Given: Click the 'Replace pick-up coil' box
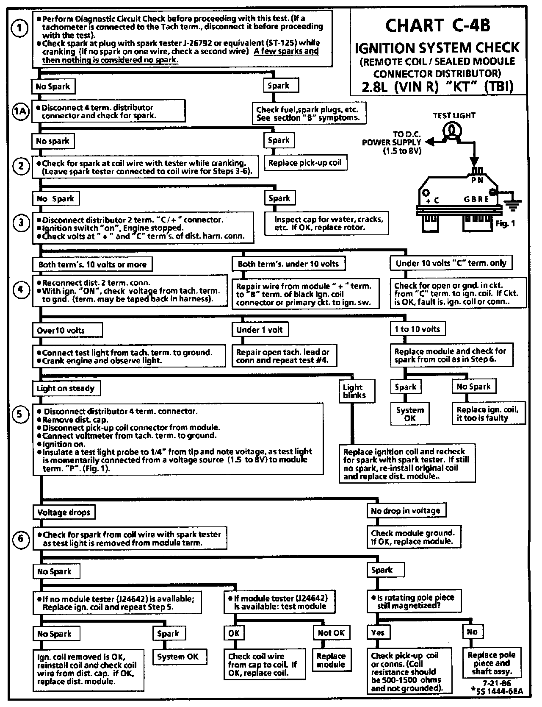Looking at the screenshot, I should [305, 163].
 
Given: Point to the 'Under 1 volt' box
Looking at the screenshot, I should [260, 330].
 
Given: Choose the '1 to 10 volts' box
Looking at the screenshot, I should [418, 329].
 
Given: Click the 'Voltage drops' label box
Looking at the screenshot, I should [64, 512].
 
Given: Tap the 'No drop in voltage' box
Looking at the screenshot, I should [406, 511].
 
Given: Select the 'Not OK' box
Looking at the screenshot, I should [331, 633].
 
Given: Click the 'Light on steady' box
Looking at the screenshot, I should [66, 388].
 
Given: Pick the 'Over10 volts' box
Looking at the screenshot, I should [61, 331].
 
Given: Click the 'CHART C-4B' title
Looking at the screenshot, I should [437, 26].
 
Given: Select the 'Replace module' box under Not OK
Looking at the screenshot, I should [331, 660].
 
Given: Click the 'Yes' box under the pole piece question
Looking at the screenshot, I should [378, 632].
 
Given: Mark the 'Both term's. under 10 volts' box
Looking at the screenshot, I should [288, 264].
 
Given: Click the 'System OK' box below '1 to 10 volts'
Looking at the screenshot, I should [410, 414].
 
